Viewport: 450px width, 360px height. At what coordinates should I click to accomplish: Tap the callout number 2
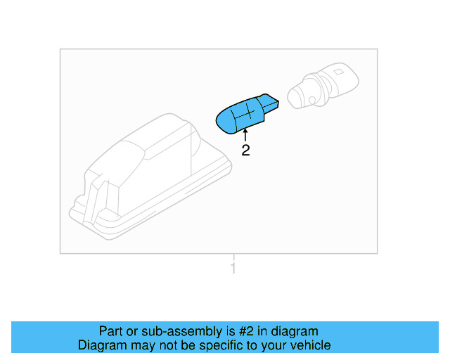click(x=245, y=150)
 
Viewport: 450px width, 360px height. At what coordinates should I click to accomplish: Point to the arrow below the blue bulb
click(x=245, y=135)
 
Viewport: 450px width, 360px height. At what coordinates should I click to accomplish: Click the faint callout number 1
click(x=233, y=268)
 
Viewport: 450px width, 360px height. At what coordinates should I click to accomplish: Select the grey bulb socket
click(x=323, y=86)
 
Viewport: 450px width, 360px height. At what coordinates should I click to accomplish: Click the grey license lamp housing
click(x=150, y=176)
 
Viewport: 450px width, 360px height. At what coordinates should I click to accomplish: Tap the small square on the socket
click(x=339, y=71)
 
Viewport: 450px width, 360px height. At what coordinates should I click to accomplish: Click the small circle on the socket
click(x=312, y=100)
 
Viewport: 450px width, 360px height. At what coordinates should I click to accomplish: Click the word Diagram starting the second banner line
click(x=102, y=346)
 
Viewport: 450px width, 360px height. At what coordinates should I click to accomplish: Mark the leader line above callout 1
click(x=233, y=257)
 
